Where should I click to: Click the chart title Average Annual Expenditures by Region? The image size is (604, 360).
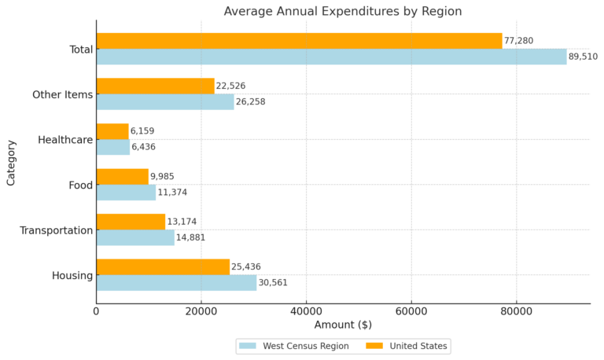[x=342, y=11]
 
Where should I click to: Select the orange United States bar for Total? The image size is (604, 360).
[x=299, y=41]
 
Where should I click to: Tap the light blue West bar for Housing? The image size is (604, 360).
[x=176, y=283]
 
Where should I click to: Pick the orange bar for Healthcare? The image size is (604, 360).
[x=112, y=131]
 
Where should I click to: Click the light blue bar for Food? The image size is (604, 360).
[x=126, y=193]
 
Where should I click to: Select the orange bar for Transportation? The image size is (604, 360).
[x=131, y=222]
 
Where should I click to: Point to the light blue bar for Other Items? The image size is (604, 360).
[x=165, y=102]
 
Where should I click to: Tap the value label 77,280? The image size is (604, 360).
[x=519, y=41]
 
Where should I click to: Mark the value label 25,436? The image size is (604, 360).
[x=246, y=267]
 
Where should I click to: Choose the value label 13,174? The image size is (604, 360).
[x=182, y=222]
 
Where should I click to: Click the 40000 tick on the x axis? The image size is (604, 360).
[x=306, y=311]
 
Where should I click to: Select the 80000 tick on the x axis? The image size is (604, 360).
[x=516, y=311]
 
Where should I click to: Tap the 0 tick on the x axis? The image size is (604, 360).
[x=97, y=311]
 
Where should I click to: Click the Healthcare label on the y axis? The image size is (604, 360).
[x=65, y=140]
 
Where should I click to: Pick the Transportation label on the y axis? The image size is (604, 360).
[x=57, y=230]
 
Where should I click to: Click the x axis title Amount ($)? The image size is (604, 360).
[x=343, y=325]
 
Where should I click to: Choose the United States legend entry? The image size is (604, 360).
[x=408, y=346]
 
